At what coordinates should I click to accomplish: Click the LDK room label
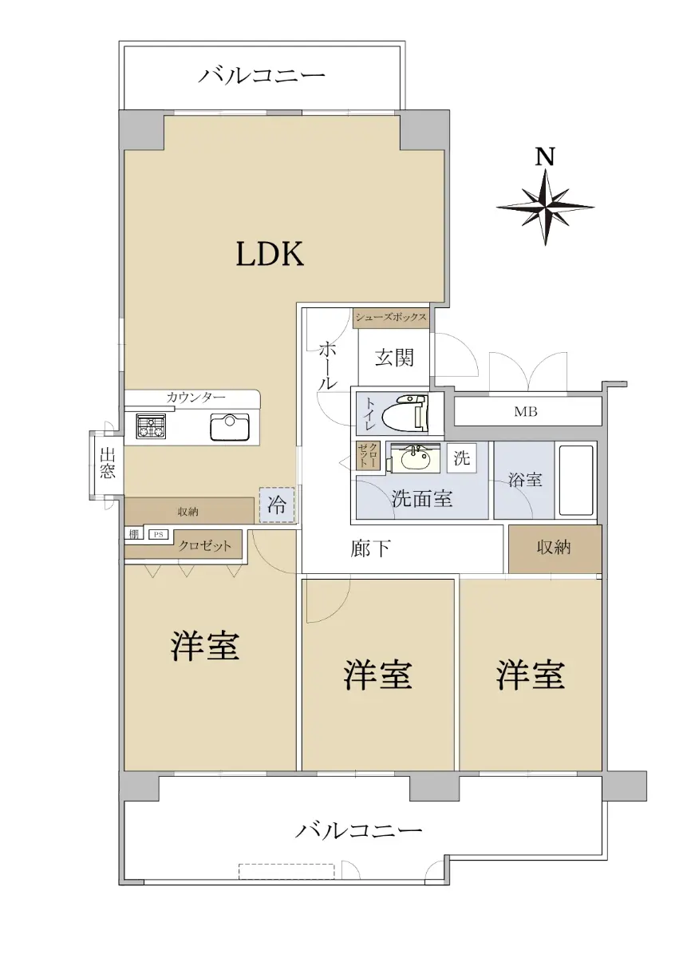click(x=270, y=254)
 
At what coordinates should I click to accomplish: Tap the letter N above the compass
click(x=545, y=156)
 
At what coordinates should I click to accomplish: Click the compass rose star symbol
click(x=546, y=208)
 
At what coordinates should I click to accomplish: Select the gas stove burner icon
click(x=151, y=426)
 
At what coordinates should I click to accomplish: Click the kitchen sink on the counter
click(x=230, y=427)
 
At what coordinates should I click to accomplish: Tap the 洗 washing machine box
click(x=462, y=458)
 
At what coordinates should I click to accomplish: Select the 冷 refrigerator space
click(x=277, y=505)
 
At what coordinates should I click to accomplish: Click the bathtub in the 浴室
click(x=575, y=481)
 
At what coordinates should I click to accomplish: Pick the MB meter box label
click(x=525, y=412)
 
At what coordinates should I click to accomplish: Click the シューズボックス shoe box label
click(x=391, y=317)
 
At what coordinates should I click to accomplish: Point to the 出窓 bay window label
click(x=107, y=463)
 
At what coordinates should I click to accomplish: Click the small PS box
click(x=159, y=535)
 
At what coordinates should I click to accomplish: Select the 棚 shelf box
click(x=134, y=534)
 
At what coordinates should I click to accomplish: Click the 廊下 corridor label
click(x=370, y=548)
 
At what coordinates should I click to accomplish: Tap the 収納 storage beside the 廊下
click(x=555, y=548)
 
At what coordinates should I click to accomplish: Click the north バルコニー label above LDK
click(x=261, y=76)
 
